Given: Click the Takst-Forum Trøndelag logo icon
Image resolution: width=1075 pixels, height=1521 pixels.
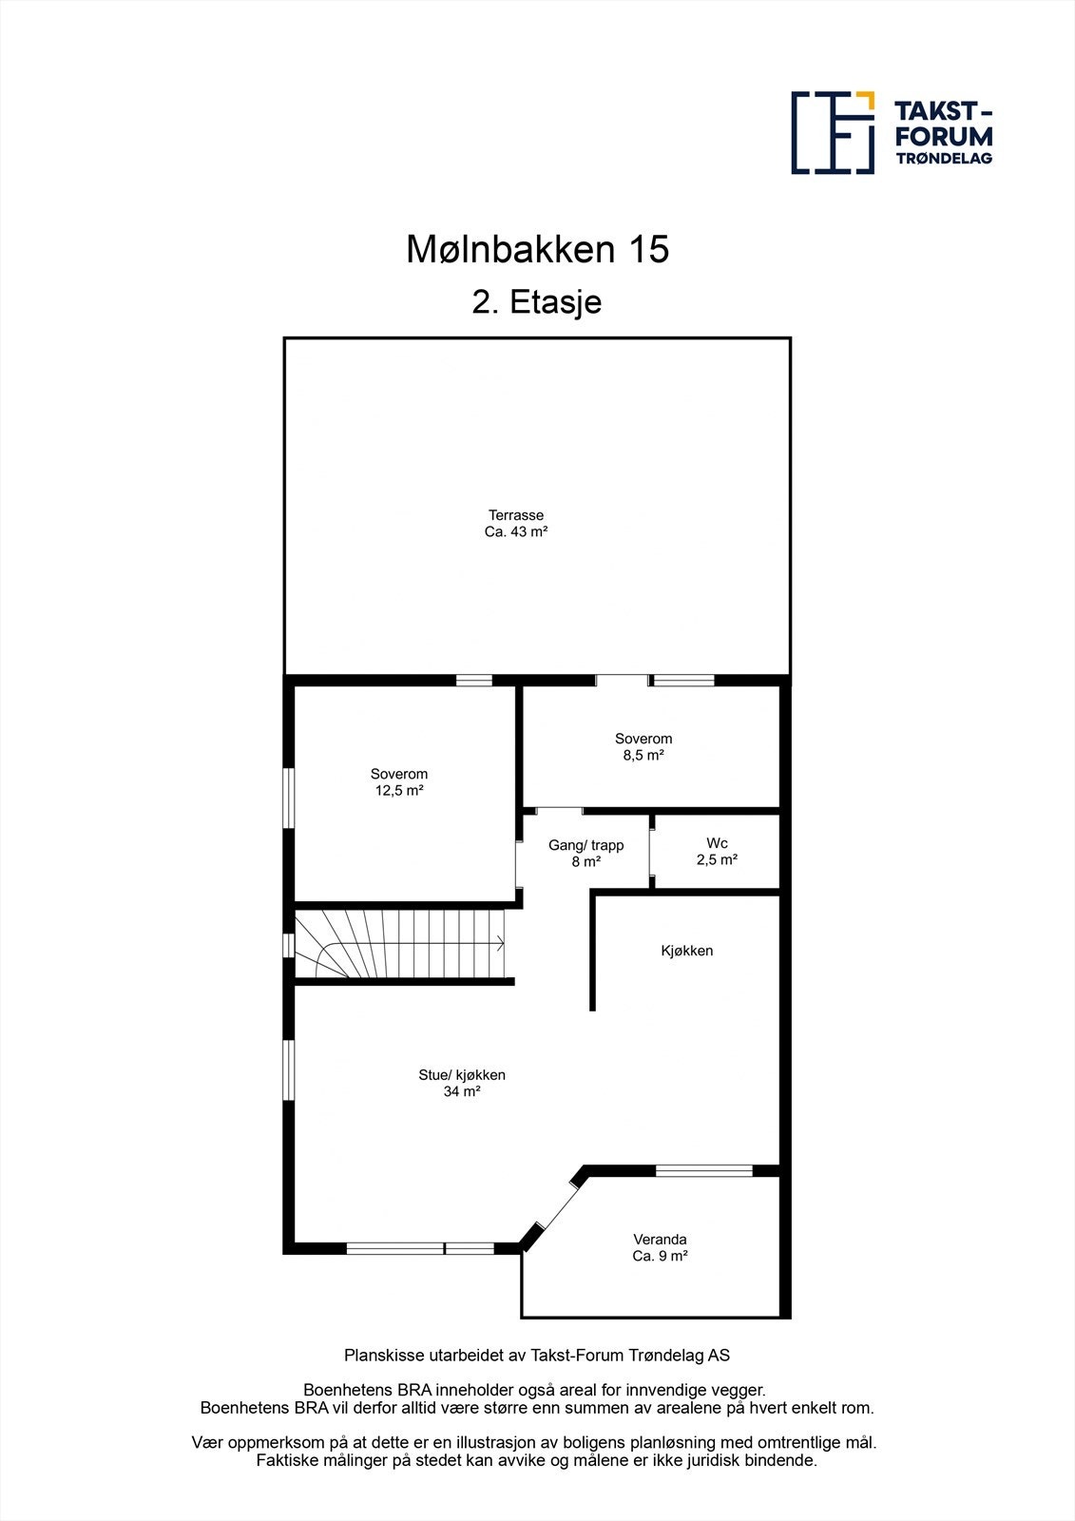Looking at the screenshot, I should pos(833,133).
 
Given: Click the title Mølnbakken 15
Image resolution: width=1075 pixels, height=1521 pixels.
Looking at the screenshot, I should pos(538,250).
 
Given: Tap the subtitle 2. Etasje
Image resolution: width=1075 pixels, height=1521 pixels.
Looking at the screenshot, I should pos(537,303).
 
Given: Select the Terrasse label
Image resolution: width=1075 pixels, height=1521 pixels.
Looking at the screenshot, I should pos(516,515).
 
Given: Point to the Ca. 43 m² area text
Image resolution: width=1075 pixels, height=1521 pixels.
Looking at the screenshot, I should pos(516,532).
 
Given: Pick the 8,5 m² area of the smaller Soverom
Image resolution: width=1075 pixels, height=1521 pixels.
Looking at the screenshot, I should pos(643,756).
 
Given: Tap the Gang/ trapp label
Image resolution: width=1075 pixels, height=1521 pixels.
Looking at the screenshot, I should pos(585,845).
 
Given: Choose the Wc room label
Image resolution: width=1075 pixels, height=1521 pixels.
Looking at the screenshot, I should pos(717,843).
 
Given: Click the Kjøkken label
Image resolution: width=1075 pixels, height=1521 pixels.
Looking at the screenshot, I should pos(687,951).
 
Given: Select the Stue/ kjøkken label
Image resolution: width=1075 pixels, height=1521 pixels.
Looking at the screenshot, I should pos(462,1075).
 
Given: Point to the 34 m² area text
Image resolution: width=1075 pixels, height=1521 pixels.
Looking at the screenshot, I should pos(462,1092).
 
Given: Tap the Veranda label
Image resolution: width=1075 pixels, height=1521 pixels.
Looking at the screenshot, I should pos(660,1240).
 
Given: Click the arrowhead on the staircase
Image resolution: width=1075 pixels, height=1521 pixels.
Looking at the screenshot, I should pos(499,944).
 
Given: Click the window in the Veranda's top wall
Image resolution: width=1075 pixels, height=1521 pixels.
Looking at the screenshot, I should pos(703,1170).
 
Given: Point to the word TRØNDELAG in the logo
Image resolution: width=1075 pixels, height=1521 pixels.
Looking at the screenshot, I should pos(944,158).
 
